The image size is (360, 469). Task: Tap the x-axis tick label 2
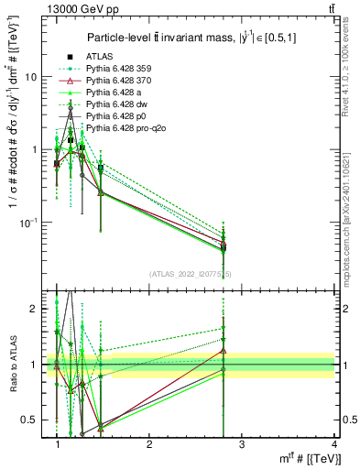[149, 444]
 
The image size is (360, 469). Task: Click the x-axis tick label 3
[241, 444]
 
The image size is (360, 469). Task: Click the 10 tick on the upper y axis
[31, 78]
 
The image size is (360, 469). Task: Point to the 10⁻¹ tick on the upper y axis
[29, 222]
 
